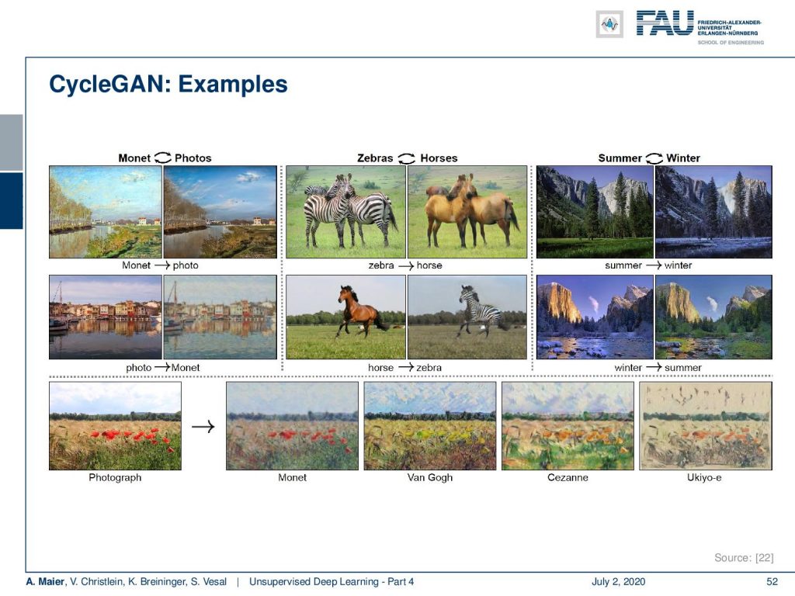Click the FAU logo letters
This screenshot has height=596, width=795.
(x=665, y=23)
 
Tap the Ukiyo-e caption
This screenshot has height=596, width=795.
(x=704, y=477)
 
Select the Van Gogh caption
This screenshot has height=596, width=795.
(x=430, y=477)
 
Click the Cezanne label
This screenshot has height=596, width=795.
(x=568, y=477)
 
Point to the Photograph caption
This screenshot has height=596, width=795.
(x=115, y=477)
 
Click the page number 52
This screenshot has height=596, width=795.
(x=772, y=582)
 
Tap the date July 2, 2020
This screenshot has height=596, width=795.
(x=618, y=582)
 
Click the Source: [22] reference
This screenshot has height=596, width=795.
(x=744, y=557)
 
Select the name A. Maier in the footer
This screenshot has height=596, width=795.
(x=46, y=582)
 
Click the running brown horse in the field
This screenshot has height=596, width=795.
(x=359, y=310)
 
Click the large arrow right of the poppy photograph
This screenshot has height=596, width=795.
(x=203, y=427)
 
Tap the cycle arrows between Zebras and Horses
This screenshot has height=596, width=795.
(x=407, y=158)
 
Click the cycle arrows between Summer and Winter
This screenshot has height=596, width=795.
(x=654, y=158)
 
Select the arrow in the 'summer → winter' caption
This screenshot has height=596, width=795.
(x=653, y=265)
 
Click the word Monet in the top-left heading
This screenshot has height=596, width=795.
(x=134, y=158)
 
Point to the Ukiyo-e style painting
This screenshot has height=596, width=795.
(x=705, y=426)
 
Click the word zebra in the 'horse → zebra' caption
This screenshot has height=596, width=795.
(x=429, y=367)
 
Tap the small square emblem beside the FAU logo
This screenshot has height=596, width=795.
(x=609, y=24)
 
